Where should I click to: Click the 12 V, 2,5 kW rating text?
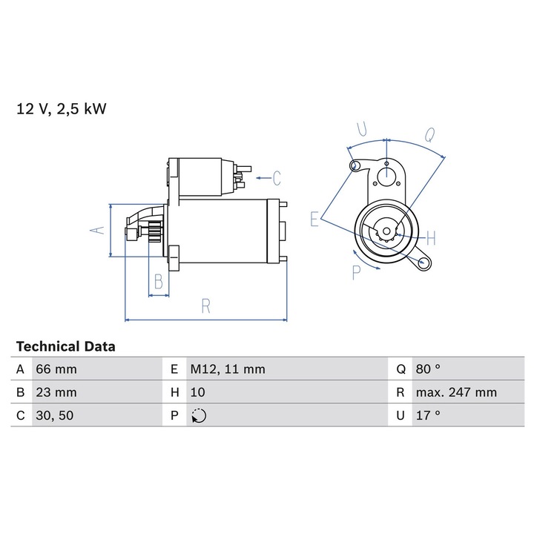[62, 109]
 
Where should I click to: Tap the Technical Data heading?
[66, 346]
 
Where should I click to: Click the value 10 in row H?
[197, 392]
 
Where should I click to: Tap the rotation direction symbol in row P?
[199, 416]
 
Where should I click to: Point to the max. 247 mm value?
[456, 392]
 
